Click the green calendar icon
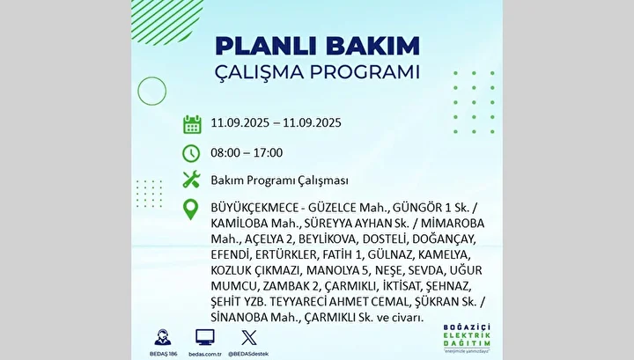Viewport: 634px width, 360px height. tap(192, 124)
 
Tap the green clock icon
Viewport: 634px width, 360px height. tap(191, 153)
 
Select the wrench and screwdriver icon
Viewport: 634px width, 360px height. tap(191, 179)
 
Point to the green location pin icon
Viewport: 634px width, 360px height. tap(190, 209)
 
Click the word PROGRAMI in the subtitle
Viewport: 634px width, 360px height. tap(365, 72)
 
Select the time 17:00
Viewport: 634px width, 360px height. tap(268, 153)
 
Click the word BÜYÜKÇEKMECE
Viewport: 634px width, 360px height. tap(254, 208)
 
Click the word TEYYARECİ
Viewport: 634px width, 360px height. tap(299, 302)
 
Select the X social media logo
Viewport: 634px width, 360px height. tap(248, 338)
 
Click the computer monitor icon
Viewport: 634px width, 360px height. tap(205, 337)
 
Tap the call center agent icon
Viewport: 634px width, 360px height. tap(163, 337)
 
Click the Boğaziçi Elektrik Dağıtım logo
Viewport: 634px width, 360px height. tap(467, 338)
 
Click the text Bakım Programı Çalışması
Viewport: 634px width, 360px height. tap(279, 180)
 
